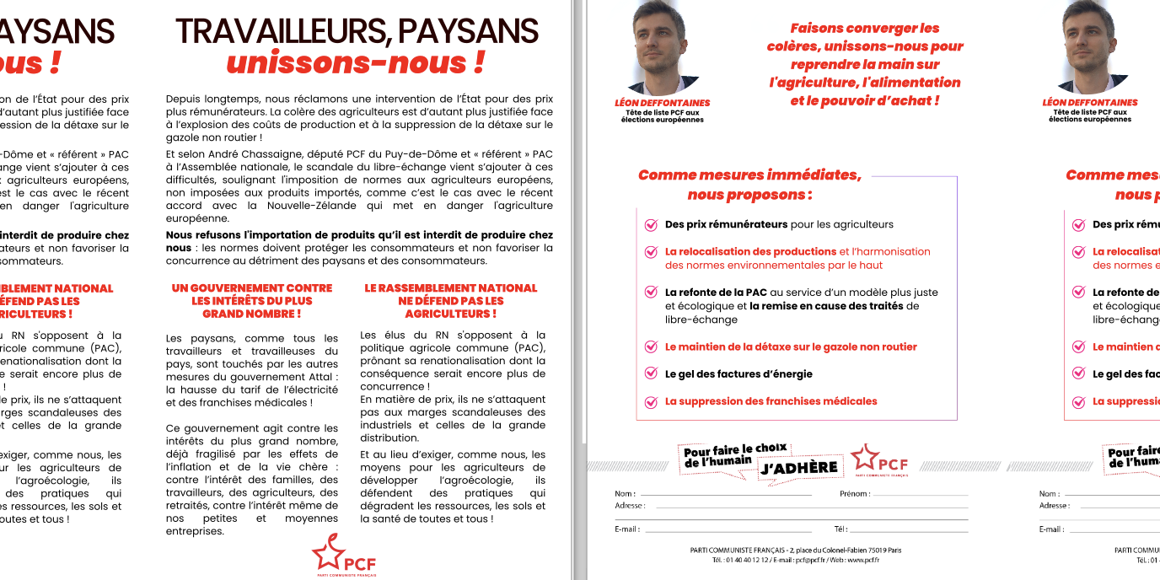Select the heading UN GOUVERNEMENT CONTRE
coord(251,288)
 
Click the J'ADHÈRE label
coord(799,468)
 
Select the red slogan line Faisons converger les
coord(865,28)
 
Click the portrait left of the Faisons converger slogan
coord(662,46)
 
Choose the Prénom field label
coord(853,493)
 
